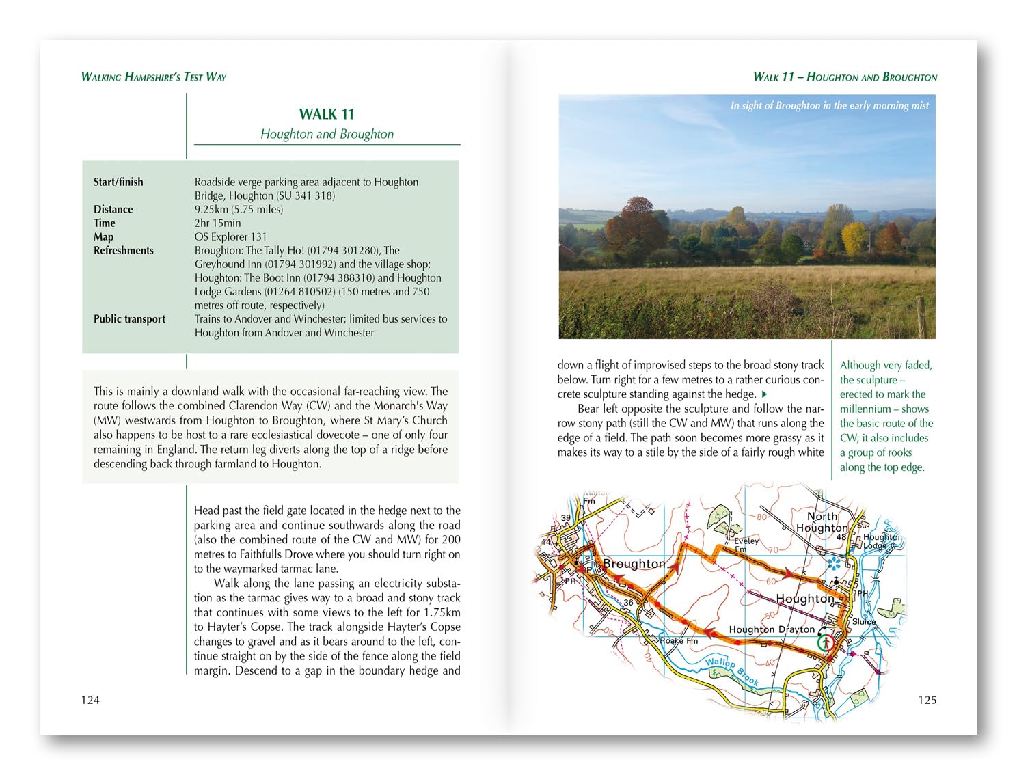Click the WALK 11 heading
[x=327, y=114]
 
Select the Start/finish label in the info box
[x=118, y=182]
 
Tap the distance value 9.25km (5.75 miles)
[x=239, y=209]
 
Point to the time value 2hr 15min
[x=217, y=223]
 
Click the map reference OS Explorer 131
[x=230, y=236]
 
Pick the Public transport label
[x=129, y=318]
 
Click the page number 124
[x=90, y=699]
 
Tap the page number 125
[x=927, y=699]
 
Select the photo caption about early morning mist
[x=829, y=105]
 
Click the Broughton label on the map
[x=634, y=564]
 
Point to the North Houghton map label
[x=822, y=522]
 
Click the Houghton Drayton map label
[x=772, y=629]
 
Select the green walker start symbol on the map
[x=826, y=643]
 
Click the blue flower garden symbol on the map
[x=834, y=563]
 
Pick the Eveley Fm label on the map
[x=746, y=545]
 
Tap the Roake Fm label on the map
[x=679, y=641]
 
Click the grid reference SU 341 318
[x=306, y=195]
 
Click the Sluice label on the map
[x=864, y=622]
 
